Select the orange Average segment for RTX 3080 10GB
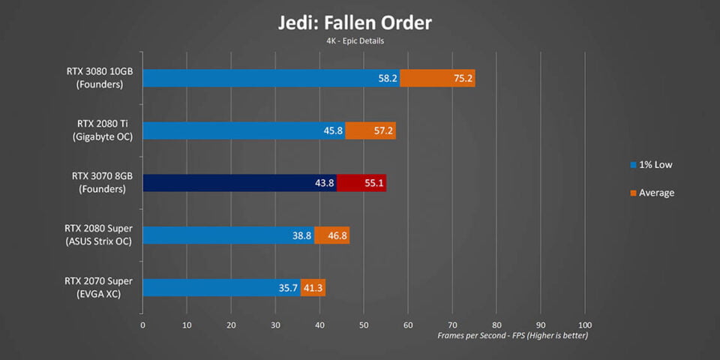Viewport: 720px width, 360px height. [437, 78]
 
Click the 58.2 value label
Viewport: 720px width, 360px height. [388, 78]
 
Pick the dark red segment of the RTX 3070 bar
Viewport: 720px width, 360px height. [361, 183]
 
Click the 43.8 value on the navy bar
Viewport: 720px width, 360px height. [325, 183]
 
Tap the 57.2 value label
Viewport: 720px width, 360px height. [383, 130]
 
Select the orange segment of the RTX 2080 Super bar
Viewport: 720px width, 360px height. [331, 235]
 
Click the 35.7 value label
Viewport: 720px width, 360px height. [289, 287]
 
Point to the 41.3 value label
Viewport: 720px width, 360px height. [313, 287]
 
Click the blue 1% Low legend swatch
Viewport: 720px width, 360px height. [633, 164]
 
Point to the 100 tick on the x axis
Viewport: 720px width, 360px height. [585, 325]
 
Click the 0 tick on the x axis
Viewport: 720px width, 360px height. [142, 325]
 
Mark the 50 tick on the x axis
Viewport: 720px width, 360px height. [364, 325]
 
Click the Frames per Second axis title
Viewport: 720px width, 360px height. [513, 336]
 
